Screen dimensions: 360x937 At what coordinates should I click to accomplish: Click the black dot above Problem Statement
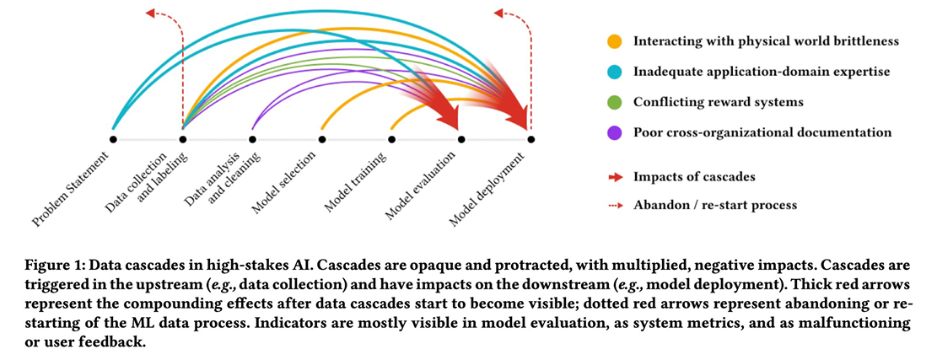[x=113, y=138]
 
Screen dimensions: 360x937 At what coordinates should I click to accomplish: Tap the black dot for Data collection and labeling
[x=183, y=138]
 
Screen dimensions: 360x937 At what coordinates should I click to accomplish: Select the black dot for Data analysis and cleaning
[x=252, y=138]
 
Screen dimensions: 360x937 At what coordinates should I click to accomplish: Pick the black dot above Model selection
[x=321, y=138]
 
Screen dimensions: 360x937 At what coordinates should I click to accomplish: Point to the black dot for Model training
[x=391, y=138]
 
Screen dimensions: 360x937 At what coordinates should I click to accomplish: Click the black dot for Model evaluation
[x=460, y=138]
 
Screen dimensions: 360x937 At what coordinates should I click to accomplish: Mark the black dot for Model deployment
[x=530, y=138]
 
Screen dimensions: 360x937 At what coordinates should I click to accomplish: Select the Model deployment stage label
[x=487, y=189]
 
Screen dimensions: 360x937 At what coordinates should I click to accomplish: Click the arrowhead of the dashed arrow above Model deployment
[x=498, y=12]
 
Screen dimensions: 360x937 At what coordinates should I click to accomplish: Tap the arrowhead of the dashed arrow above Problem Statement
[x=149, y=12]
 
